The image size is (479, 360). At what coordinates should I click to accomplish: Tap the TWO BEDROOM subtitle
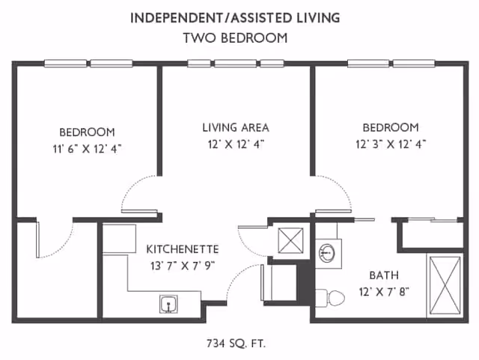(x=235, y=38)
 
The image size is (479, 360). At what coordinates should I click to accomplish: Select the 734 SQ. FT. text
(x=236, y=344)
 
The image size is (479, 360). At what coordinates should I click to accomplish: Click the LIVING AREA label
(x=235, y=127)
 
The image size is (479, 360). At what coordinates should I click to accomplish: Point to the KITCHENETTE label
(x=182, y=248)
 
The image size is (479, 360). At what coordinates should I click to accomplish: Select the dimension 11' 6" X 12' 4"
(x=82, y=148)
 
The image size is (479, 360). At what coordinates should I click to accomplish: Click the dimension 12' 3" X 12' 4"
(x=390, y=144)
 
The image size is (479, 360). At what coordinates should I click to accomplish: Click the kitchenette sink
(x=168, y=304)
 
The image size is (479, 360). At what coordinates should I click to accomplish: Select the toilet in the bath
(x=329, y=297)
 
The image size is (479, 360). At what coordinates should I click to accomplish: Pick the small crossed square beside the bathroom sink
(x=290, y=240)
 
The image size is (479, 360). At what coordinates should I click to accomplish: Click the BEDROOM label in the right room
(x=390, y=127)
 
